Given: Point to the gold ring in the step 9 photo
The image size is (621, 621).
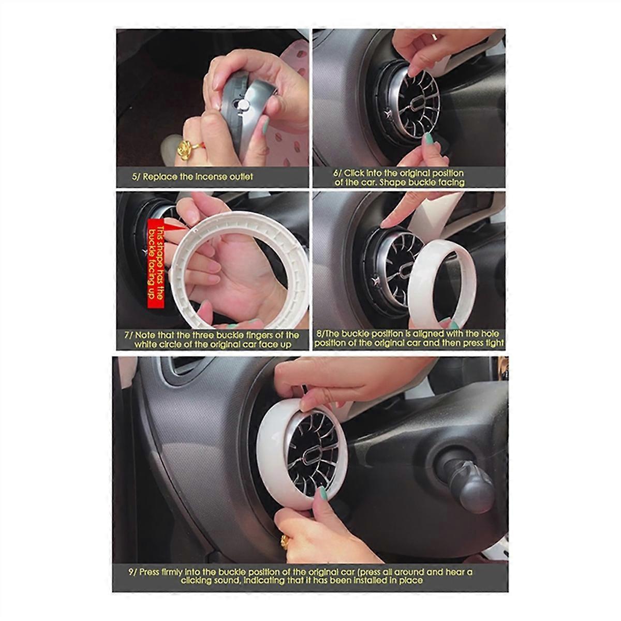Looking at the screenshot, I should coord(285,541).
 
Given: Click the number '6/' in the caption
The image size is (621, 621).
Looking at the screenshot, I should coord(335,173).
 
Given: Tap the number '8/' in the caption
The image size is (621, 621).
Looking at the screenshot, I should coord(319,334).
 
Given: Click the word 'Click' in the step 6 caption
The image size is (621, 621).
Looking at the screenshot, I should coord(356,173).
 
